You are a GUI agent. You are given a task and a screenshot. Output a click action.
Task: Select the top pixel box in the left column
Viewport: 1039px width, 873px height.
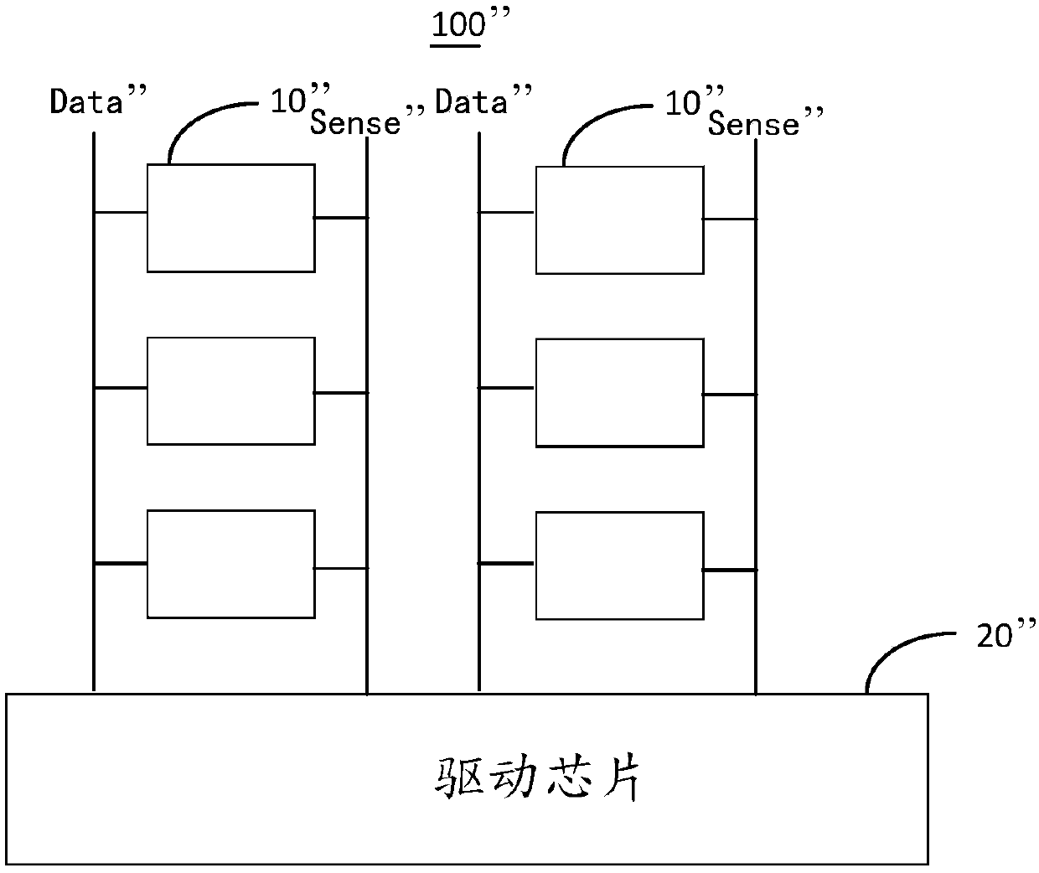coord(231,218)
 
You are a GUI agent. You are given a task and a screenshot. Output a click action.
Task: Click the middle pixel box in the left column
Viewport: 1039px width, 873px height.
coord(231,391)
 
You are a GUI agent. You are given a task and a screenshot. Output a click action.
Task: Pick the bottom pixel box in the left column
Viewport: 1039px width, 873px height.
coord(231,564)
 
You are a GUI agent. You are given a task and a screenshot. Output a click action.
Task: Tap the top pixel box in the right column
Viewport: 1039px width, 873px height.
coord(619,220)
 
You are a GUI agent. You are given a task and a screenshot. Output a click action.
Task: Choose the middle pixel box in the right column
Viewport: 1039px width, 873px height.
coord(619,393)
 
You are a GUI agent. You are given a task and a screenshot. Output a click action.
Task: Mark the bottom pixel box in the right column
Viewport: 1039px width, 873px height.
coord(619,566)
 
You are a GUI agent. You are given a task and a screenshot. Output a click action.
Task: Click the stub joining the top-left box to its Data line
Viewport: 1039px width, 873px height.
coord(121,212)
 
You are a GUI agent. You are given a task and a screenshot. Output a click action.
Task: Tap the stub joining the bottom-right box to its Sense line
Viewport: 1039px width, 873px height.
coord(730,570)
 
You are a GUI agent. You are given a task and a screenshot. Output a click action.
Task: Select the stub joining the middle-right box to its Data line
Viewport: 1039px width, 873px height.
coord(507,388)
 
